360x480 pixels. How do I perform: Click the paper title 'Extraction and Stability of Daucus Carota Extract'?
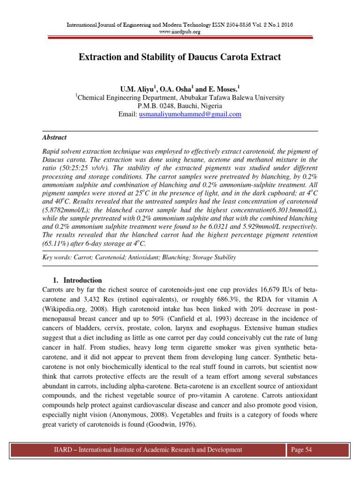(180, 57)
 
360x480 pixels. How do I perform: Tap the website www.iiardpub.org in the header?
(180, 32)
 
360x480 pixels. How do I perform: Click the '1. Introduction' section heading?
(77, 280)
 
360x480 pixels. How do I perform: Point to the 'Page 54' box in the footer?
(301, 450)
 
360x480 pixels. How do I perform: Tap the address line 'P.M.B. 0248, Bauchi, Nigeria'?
(180, 106)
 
